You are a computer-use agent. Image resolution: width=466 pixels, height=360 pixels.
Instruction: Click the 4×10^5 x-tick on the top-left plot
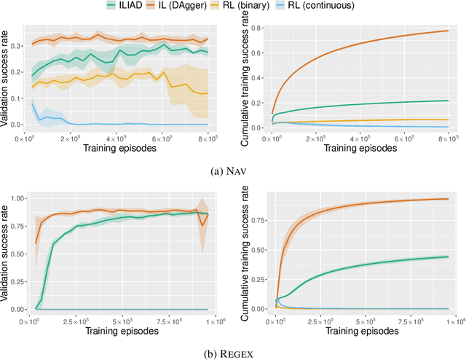[116, 137]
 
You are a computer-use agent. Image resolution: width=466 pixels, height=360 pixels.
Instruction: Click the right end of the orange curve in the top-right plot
[447, 31]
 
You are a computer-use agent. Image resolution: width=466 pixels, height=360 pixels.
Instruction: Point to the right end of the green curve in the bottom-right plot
[447, 257]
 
